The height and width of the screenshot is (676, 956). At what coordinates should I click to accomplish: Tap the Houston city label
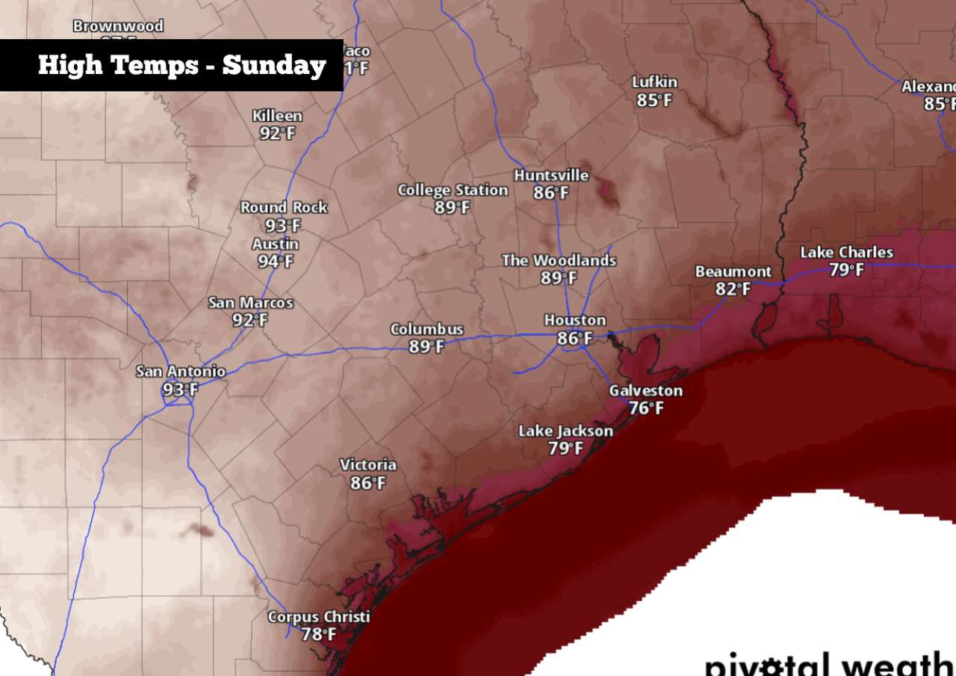coord(574,321)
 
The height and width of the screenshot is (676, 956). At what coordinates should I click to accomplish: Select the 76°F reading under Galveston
coord(645,408)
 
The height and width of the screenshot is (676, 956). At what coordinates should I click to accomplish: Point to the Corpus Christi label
coord(319,617)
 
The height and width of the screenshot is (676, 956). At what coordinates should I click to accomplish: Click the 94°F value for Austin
coord(276,262)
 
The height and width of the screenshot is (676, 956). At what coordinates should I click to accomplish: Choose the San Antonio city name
coord(180,372)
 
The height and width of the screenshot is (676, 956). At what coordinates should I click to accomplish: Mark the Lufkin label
coord(654,82)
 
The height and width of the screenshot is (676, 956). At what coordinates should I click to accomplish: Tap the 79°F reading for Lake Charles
coord(846,270)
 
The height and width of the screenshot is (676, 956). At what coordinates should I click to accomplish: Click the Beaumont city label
coord(733,271)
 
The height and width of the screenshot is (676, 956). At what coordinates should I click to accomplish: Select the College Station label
coord(453,190)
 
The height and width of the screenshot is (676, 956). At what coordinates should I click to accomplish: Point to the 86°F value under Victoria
coord(368,483)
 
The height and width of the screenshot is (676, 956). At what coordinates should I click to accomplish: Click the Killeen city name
coord(277,116)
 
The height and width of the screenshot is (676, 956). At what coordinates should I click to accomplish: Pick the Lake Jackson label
coord(565,431)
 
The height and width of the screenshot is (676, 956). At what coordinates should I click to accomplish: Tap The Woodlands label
coord(559,260)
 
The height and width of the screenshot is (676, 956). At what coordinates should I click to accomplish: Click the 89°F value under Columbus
coord(426,347)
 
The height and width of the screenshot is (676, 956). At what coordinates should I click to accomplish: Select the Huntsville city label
coord(551,176)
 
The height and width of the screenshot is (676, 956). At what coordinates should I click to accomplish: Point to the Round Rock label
coord(283,207)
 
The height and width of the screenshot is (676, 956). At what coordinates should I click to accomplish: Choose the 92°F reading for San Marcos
coord(250,321)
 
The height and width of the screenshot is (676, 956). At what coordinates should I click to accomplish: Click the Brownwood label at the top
coord(118,26)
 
